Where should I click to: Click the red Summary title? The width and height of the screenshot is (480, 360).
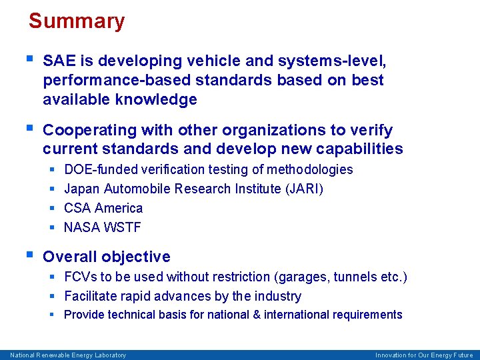77,21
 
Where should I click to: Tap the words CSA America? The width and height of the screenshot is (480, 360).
103,208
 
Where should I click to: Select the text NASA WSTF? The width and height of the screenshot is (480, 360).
103,227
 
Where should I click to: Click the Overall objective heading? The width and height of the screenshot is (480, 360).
107,257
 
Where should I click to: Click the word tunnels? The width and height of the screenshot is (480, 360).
356,277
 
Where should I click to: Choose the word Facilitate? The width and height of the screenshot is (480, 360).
89,296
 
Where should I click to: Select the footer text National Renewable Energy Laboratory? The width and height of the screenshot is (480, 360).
67,355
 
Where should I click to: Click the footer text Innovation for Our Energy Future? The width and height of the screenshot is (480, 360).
424,355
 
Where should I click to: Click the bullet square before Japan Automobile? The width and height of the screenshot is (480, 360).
53,189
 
